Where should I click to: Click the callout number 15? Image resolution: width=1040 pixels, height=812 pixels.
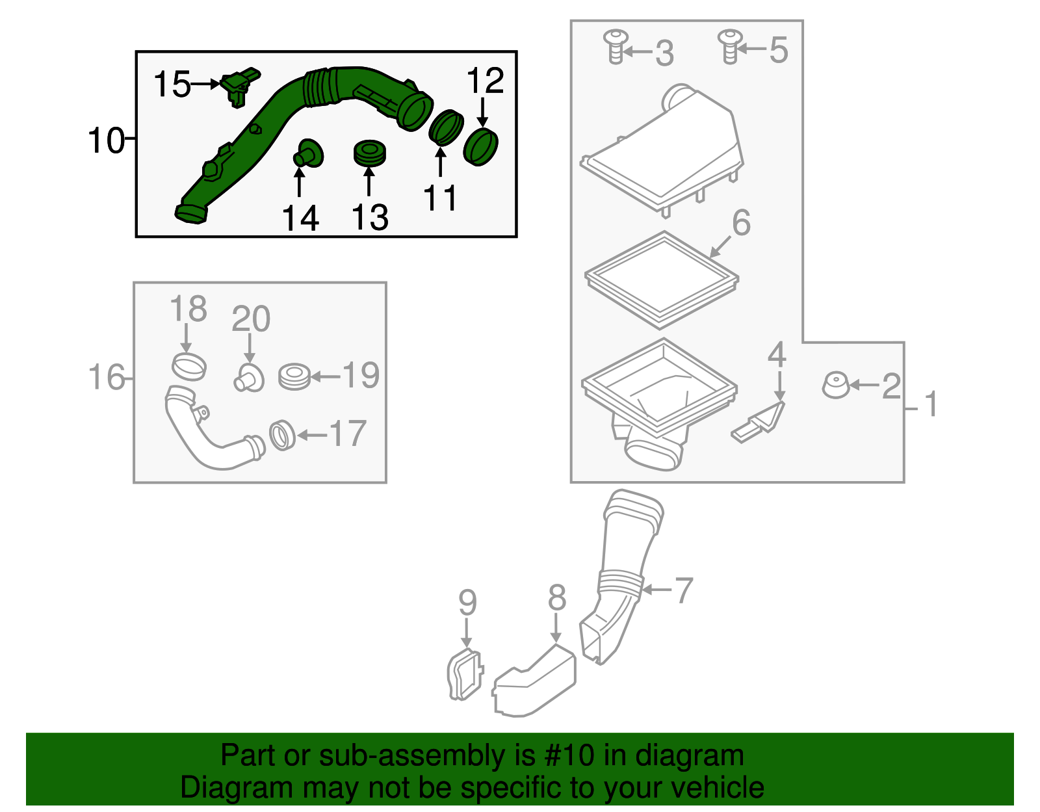click(x=172, y=85)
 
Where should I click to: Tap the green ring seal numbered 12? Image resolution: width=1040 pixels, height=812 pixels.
click(x=481, y=147)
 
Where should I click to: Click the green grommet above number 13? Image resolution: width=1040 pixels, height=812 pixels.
click(x=369, y=152)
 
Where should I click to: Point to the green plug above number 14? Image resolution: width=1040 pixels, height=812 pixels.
click(x=309, y=154)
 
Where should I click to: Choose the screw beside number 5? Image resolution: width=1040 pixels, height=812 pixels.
click(x=729, y=46)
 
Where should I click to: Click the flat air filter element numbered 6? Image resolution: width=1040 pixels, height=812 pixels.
click(x=661, y=280)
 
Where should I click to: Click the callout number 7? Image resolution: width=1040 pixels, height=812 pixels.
click(x=683, y=590)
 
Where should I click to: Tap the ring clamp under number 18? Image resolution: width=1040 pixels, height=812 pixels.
click(x=189, y=367)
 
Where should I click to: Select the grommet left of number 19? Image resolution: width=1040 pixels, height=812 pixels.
click(x=294, y=377)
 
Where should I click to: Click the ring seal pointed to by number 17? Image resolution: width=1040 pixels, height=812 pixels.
click(x=282, y=436)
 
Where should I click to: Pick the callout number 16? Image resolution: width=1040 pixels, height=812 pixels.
click(x=106, y=378)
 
